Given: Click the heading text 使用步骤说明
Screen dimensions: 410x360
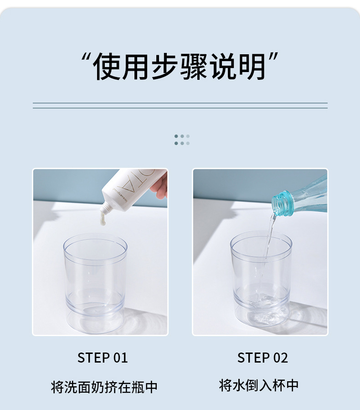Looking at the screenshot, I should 180,67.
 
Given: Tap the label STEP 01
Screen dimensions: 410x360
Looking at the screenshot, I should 103,358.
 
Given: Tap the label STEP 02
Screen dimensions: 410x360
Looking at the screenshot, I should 262,358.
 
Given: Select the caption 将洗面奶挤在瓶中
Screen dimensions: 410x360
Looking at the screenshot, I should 104,387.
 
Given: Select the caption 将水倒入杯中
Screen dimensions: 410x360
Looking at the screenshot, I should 259,385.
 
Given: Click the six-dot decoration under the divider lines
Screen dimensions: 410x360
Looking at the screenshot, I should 182,140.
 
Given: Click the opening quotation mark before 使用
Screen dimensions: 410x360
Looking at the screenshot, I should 85,59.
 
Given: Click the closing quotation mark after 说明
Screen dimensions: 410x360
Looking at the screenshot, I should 273,59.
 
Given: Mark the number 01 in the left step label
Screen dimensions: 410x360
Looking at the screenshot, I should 120,358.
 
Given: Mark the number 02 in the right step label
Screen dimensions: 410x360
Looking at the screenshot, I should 280,358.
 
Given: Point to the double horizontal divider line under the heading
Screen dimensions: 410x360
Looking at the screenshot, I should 180,106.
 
